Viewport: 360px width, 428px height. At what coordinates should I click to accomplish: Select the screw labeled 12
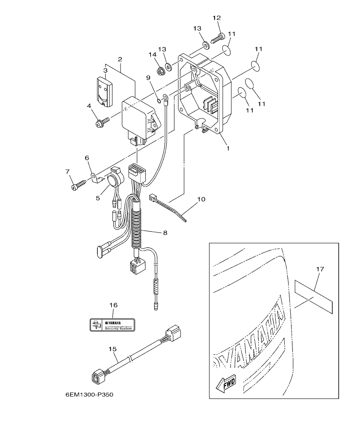click(x=218, y=38)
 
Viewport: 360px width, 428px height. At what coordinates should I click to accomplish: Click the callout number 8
click(x=165, y=233)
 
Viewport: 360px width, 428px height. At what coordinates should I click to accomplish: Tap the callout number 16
click(x=113, y=305)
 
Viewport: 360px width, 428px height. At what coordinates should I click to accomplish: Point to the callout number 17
click(x=320, y=269)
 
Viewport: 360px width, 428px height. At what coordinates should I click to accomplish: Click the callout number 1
click(x=228, y=149)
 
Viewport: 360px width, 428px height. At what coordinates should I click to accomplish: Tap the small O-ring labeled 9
click(x=158, y=101)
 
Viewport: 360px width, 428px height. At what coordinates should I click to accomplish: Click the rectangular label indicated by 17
click(x=313, y=296)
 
